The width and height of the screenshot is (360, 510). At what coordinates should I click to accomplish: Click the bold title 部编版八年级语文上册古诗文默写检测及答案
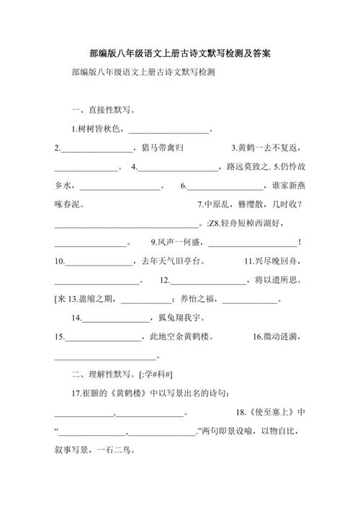[x=180, y=53]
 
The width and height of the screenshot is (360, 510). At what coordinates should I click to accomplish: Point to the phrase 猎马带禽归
[x=163, y=148]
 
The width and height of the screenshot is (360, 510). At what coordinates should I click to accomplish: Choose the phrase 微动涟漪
[x=283, y=336]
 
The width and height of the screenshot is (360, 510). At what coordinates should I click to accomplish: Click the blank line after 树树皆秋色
[x=170, y=130]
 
